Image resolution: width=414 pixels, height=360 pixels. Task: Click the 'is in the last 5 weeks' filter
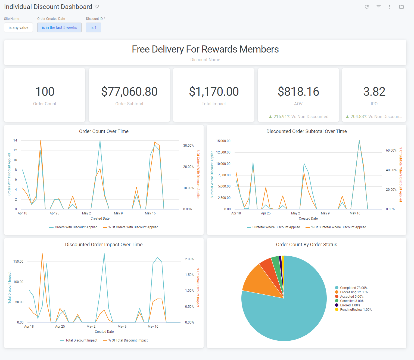[x=59, y=27]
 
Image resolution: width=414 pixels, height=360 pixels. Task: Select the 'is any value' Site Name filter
[x=18, y=27]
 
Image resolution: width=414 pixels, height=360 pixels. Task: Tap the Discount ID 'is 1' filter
[x=94, y=27]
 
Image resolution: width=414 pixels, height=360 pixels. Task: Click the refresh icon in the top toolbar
[x=367, y=7]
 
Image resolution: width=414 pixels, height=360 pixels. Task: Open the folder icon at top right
[x=401, y=7]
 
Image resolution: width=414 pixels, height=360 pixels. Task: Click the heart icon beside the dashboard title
[x=97, y=7]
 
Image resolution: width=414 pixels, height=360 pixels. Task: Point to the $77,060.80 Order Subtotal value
[x=129, y=92]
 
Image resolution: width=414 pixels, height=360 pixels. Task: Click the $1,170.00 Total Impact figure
[x=214, y=92]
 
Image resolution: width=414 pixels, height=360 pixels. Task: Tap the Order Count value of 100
[x=45, y=92]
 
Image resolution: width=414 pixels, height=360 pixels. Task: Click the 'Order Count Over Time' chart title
[x=104, y=131]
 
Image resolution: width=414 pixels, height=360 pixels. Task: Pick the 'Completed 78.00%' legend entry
[x=353, y=288]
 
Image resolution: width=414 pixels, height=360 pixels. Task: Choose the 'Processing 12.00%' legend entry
[x=354, y=292]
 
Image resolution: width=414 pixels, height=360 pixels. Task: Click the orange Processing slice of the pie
[x=258, y=282]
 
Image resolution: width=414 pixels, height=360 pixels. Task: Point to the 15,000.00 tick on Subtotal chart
[x=223, y=141]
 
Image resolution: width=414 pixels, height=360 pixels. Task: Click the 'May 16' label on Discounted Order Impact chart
[x=153, y=327]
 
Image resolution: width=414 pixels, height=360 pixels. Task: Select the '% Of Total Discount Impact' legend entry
[x=128, y=340]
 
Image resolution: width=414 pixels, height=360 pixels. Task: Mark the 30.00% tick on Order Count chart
[x=188, y=146]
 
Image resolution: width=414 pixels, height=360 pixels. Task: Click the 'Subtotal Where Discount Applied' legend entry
[x=276, y=227]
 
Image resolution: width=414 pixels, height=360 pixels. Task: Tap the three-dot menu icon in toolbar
[x=390, y=7]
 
